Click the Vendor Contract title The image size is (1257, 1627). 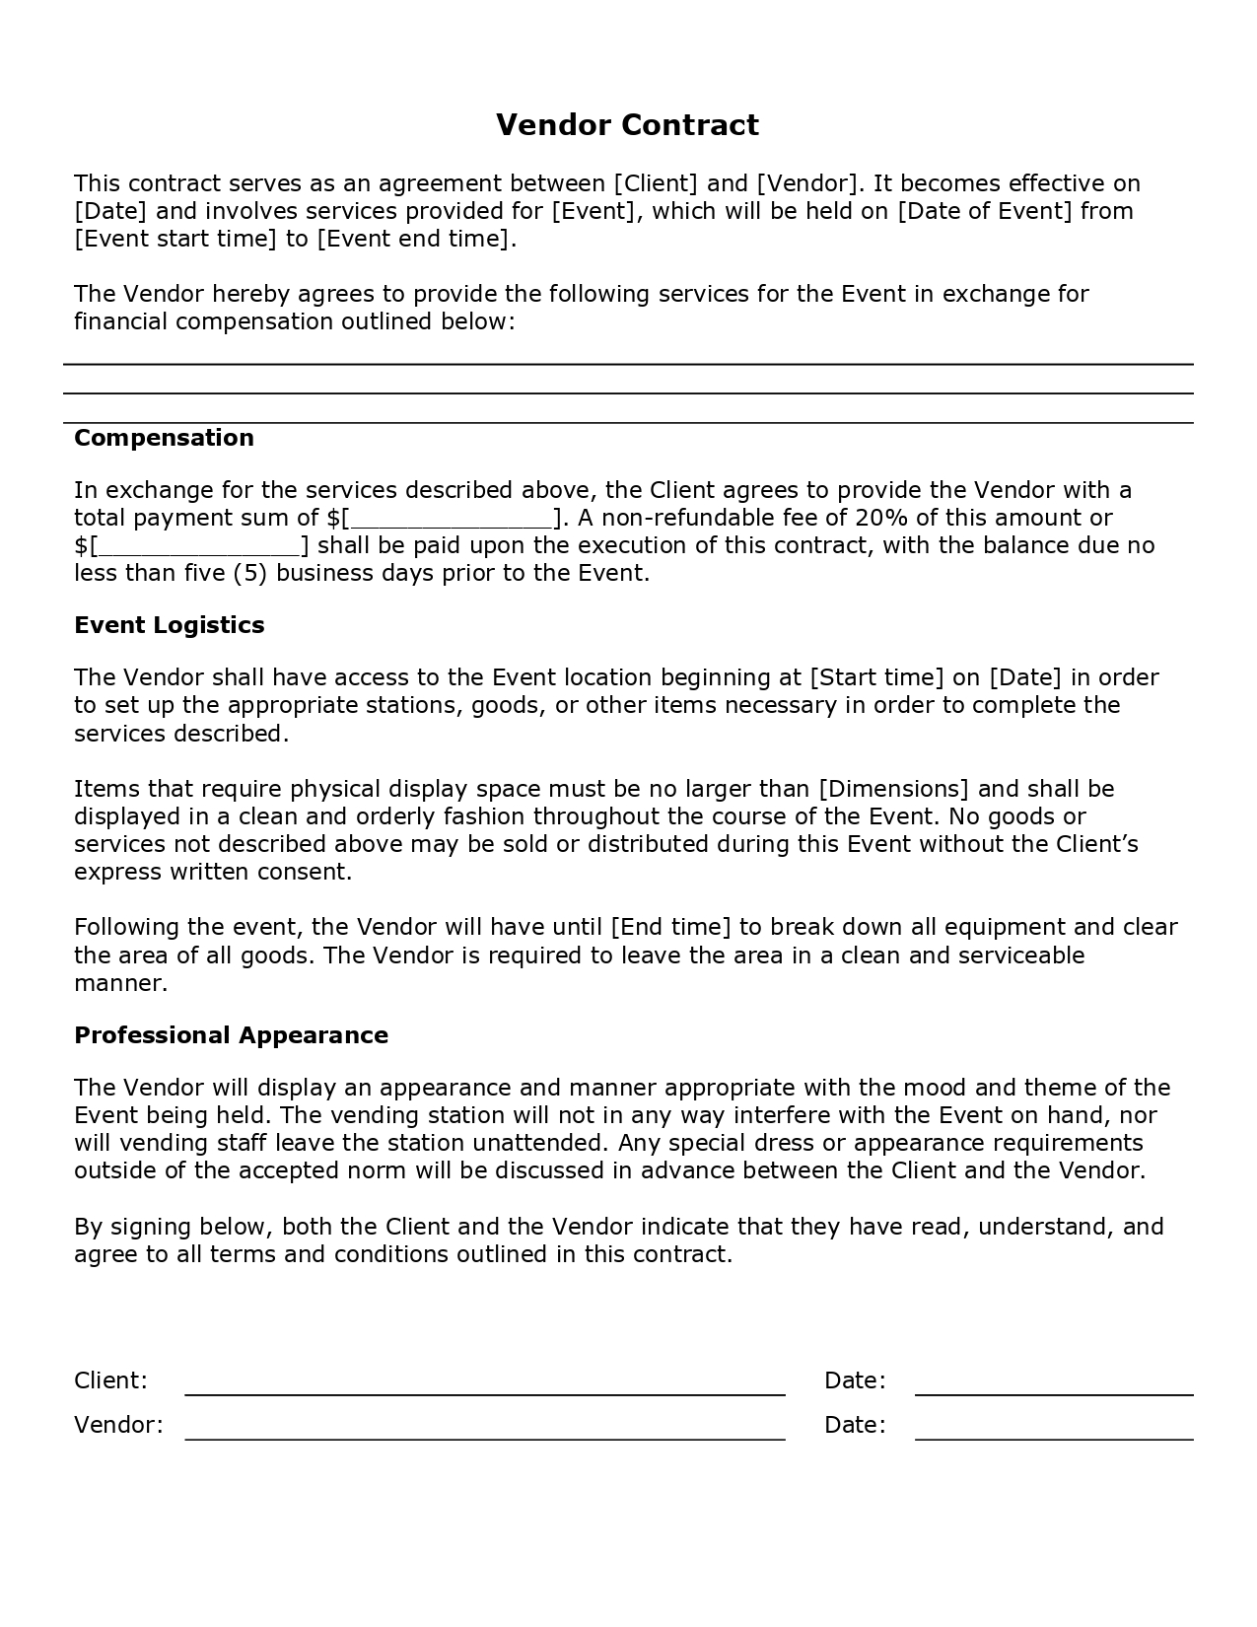pos(627,125)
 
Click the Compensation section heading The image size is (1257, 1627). pos(164,438)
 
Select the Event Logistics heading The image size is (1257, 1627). pos(170,625)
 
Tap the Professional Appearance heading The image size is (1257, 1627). pos(231,1035)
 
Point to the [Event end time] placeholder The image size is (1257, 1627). pos(414,239)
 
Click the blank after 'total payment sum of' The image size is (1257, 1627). pos(452,519)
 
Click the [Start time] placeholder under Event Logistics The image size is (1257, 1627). pos(876,677)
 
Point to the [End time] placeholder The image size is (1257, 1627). pos(671,928)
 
